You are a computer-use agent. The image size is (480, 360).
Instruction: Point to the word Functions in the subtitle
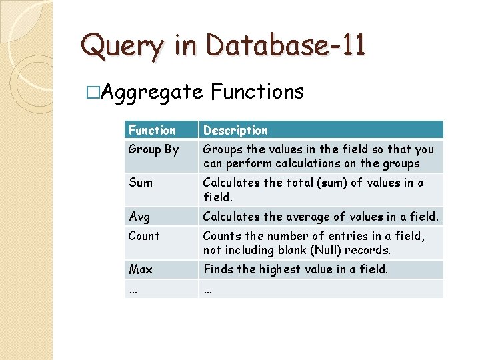click(257, 91)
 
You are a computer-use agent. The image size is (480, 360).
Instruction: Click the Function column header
click(152, 130)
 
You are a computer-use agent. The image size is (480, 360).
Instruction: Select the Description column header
click(235, 130)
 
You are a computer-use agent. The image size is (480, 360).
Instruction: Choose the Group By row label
click(153, 149)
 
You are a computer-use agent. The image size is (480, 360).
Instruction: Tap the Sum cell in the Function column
click(141, 183)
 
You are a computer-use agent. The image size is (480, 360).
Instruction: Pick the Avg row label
click(139, 216)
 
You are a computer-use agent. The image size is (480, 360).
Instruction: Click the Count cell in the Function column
click(144, 236)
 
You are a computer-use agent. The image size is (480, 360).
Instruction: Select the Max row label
click(141, 269)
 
